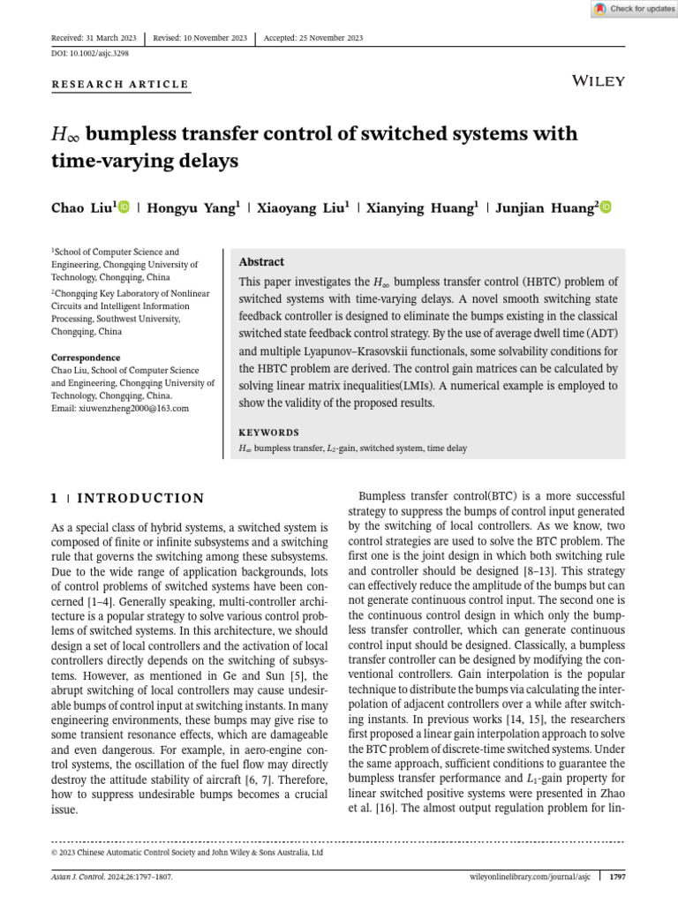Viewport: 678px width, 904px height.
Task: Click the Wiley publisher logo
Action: tap(599, 81)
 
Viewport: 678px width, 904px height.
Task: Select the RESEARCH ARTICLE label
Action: tap(120, 85)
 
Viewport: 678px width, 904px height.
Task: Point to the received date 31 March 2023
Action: tap(114, 39)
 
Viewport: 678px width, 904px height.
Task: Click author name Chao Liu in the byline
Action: tap(81, 208)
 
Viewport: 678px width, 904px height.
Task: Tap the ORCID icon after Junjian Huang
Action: tap(606, 207)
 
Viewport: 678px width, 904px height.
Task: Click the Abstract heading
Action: tap(262, 262)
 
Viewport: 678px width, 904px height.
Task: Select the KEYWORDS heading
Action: tap(269, 433)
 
